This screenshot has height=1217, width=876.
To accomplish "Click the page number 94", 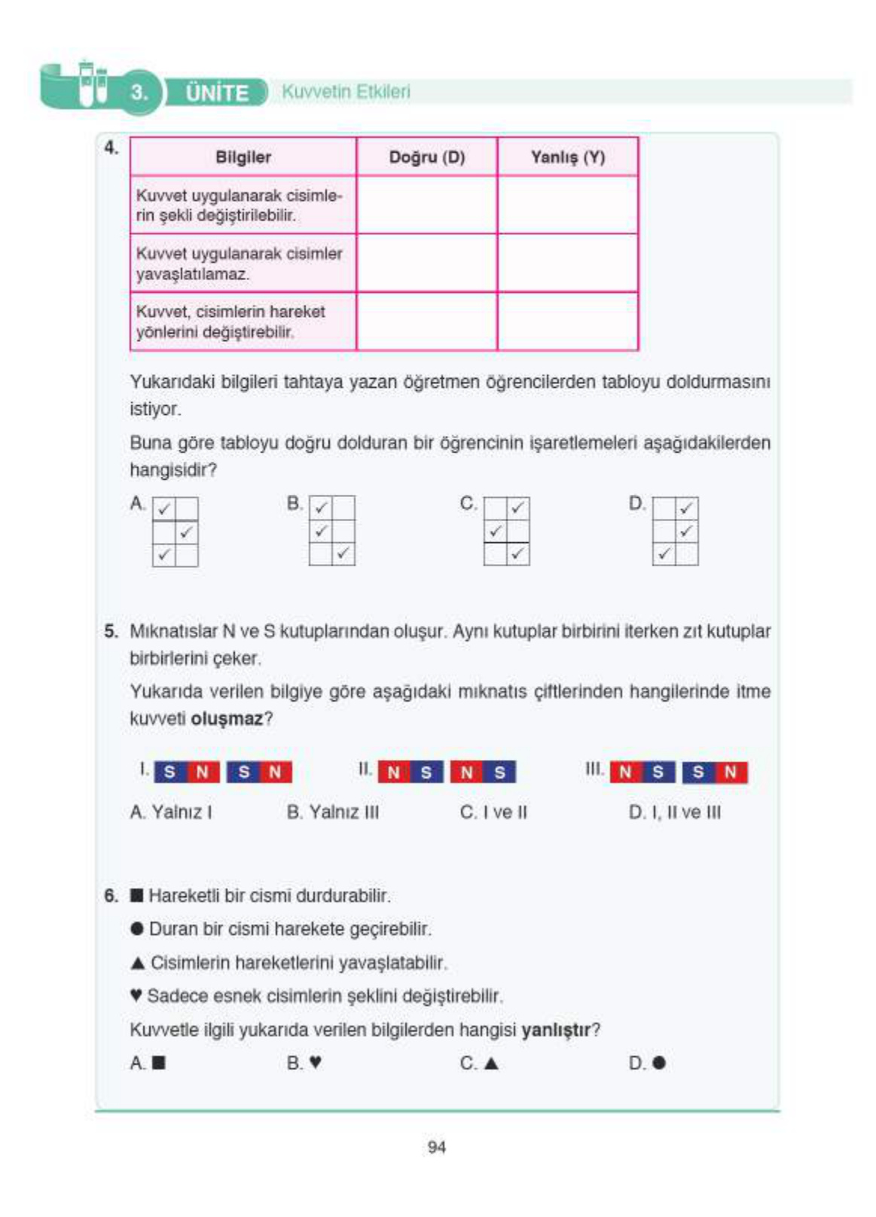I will point(436,1147).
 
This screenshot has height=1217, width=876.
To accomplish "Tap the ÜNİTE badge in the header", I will point(216,93).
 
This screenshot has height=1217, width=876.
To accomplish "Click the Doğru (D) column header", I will point(426,157).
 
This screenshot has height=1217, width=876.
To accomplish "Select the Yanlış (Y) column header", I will point(567,157).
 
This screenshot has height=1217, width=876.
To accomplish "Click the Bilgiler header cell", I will point(243,157).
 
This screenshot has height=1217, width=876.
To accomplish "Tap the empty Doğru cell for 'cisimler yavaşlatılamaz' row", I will point(426,263).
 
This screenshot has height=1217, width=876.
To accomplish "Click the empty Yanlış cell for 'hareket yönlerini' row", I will point(567,322).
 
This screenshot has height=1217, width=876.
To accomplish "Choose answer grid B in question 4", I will point(331,530).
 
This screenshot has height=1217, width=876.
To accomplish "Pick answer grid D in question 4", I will point(675,530).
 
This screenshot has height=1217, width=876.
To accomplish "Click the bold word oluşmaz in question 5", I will point(226,718).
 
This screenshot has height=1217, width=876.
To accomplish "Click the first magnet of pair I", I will point(186,772).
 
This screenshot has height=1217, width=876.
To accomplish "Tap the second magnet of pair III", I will point(714,772).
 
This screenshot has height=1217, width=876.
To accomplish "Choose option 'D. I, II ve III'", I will point(674,812).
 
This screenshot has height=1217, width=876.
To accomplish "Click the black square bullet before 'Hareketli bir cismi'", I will point(136,895).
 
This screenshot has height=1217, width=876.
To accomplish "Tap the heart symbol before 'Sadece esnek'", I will point(136,996).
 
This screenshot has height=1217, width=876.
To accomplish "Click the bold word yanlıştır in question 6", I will point(556,1029).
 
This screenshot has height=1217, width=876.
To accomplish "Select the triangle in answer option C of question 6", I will point(490,1063).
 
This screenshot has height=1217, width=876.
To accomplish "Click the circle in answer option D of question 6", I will point(659,1063).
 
